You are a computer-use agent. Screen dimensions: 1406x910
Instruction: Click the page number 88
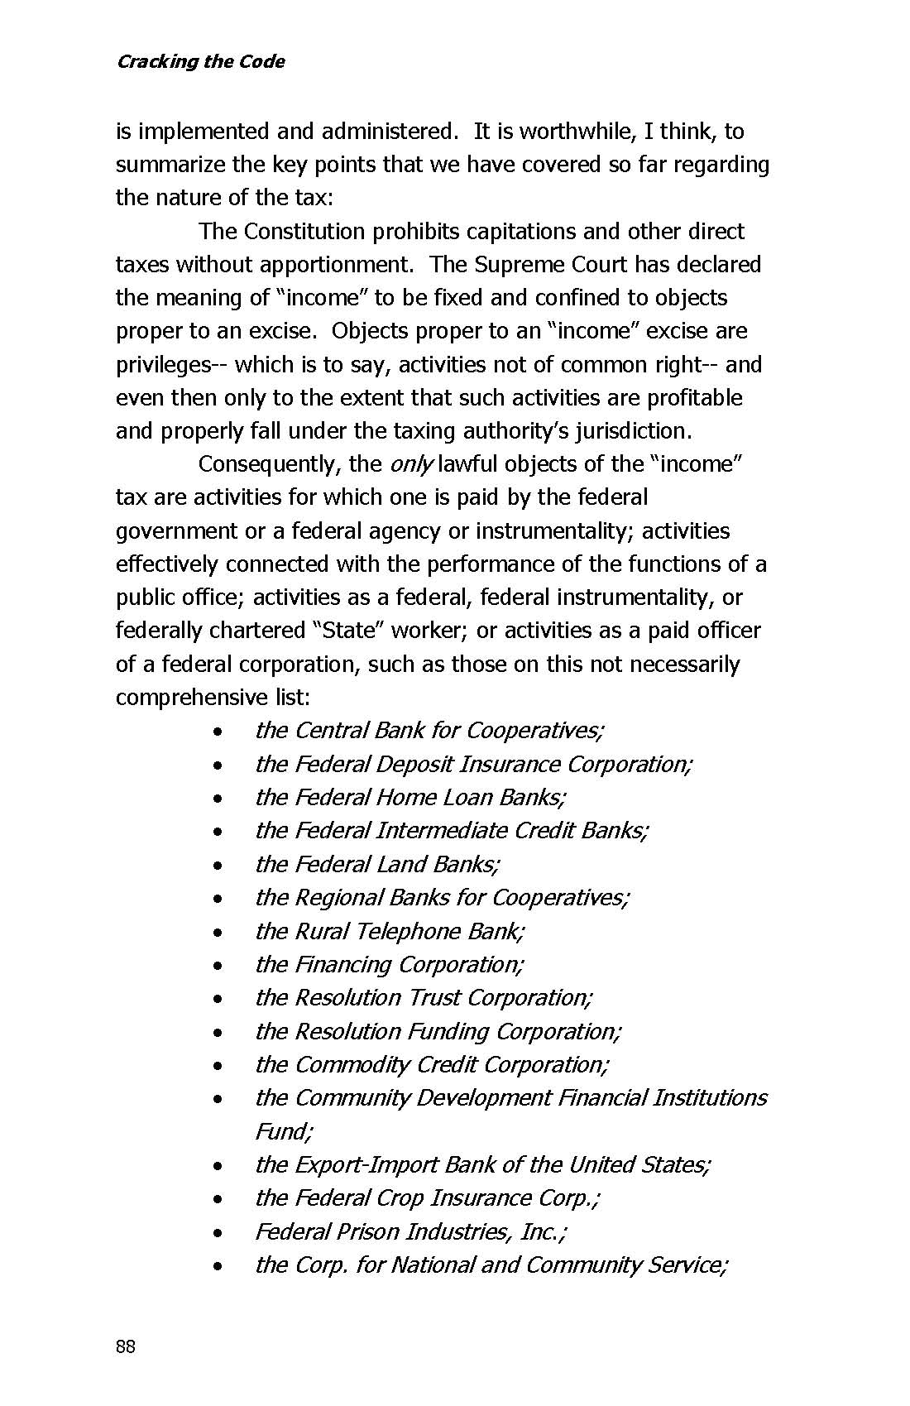click(x=126, y=1346)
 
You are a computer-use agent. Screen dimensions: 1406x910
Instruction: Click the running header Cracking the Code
click(x=200, y=62)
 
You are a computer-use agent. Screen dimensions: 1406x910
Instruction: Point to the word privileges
click(x=163, y=365)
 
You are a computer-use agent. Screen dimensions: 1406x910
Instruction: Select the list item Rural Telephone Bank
click(x=389, y=931)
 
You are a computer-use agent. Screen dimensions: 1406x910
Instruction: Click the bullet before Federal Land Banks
click(x=217, y=866)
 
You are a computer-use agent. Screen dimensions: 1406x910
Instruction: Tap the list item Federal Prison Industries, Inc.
click(x=410, y=1231)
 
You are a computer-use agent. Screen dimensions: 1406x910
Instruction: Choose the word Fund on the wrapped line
click(x=281, y=1131)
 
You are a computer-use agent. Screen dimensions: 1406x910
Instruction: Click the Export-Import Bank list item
click(x=482, y=1164)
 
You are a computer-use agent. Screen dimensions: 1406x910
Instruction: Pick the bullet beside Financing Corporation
click(x=217, y=966)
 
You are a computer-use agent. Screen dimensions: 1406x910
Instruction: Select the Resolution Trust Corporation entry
click(x=424, y=998)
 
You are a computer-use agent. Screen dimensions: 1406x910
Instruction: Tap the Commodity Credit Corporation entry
click(x=432, y=1064)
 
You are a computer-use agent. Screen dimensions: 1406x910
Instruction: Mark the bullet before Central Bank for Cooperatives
click(x=217, y=732)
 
